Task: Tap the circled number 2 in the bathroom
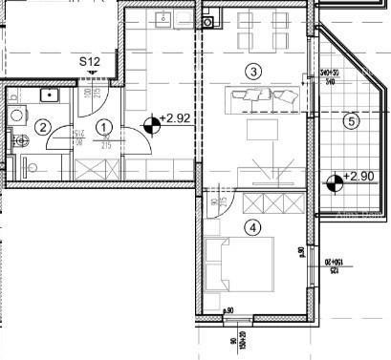[x=42, y=127]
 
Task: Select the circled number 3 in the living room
[x=252, y=71]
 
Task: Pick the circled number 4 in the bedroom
[x=252, y=227]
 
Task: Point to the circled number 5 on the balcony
[x=351, y=121]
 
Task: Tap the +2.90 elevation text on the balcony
[x=359, y=178]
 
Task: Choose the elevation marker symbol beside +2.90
[x=333, y=181]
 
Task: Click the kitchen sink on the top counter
[x=163, y=19]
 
